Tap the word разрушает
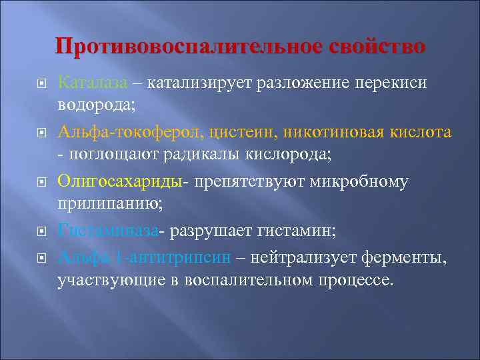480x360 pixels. coord(213,231)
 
